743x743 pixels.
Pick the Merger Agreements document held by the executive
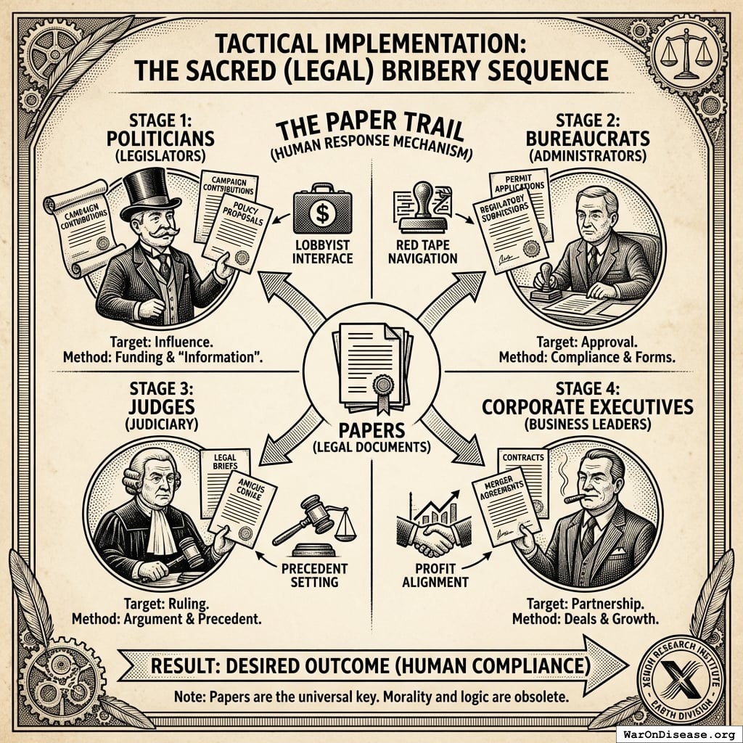point(505,508)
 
